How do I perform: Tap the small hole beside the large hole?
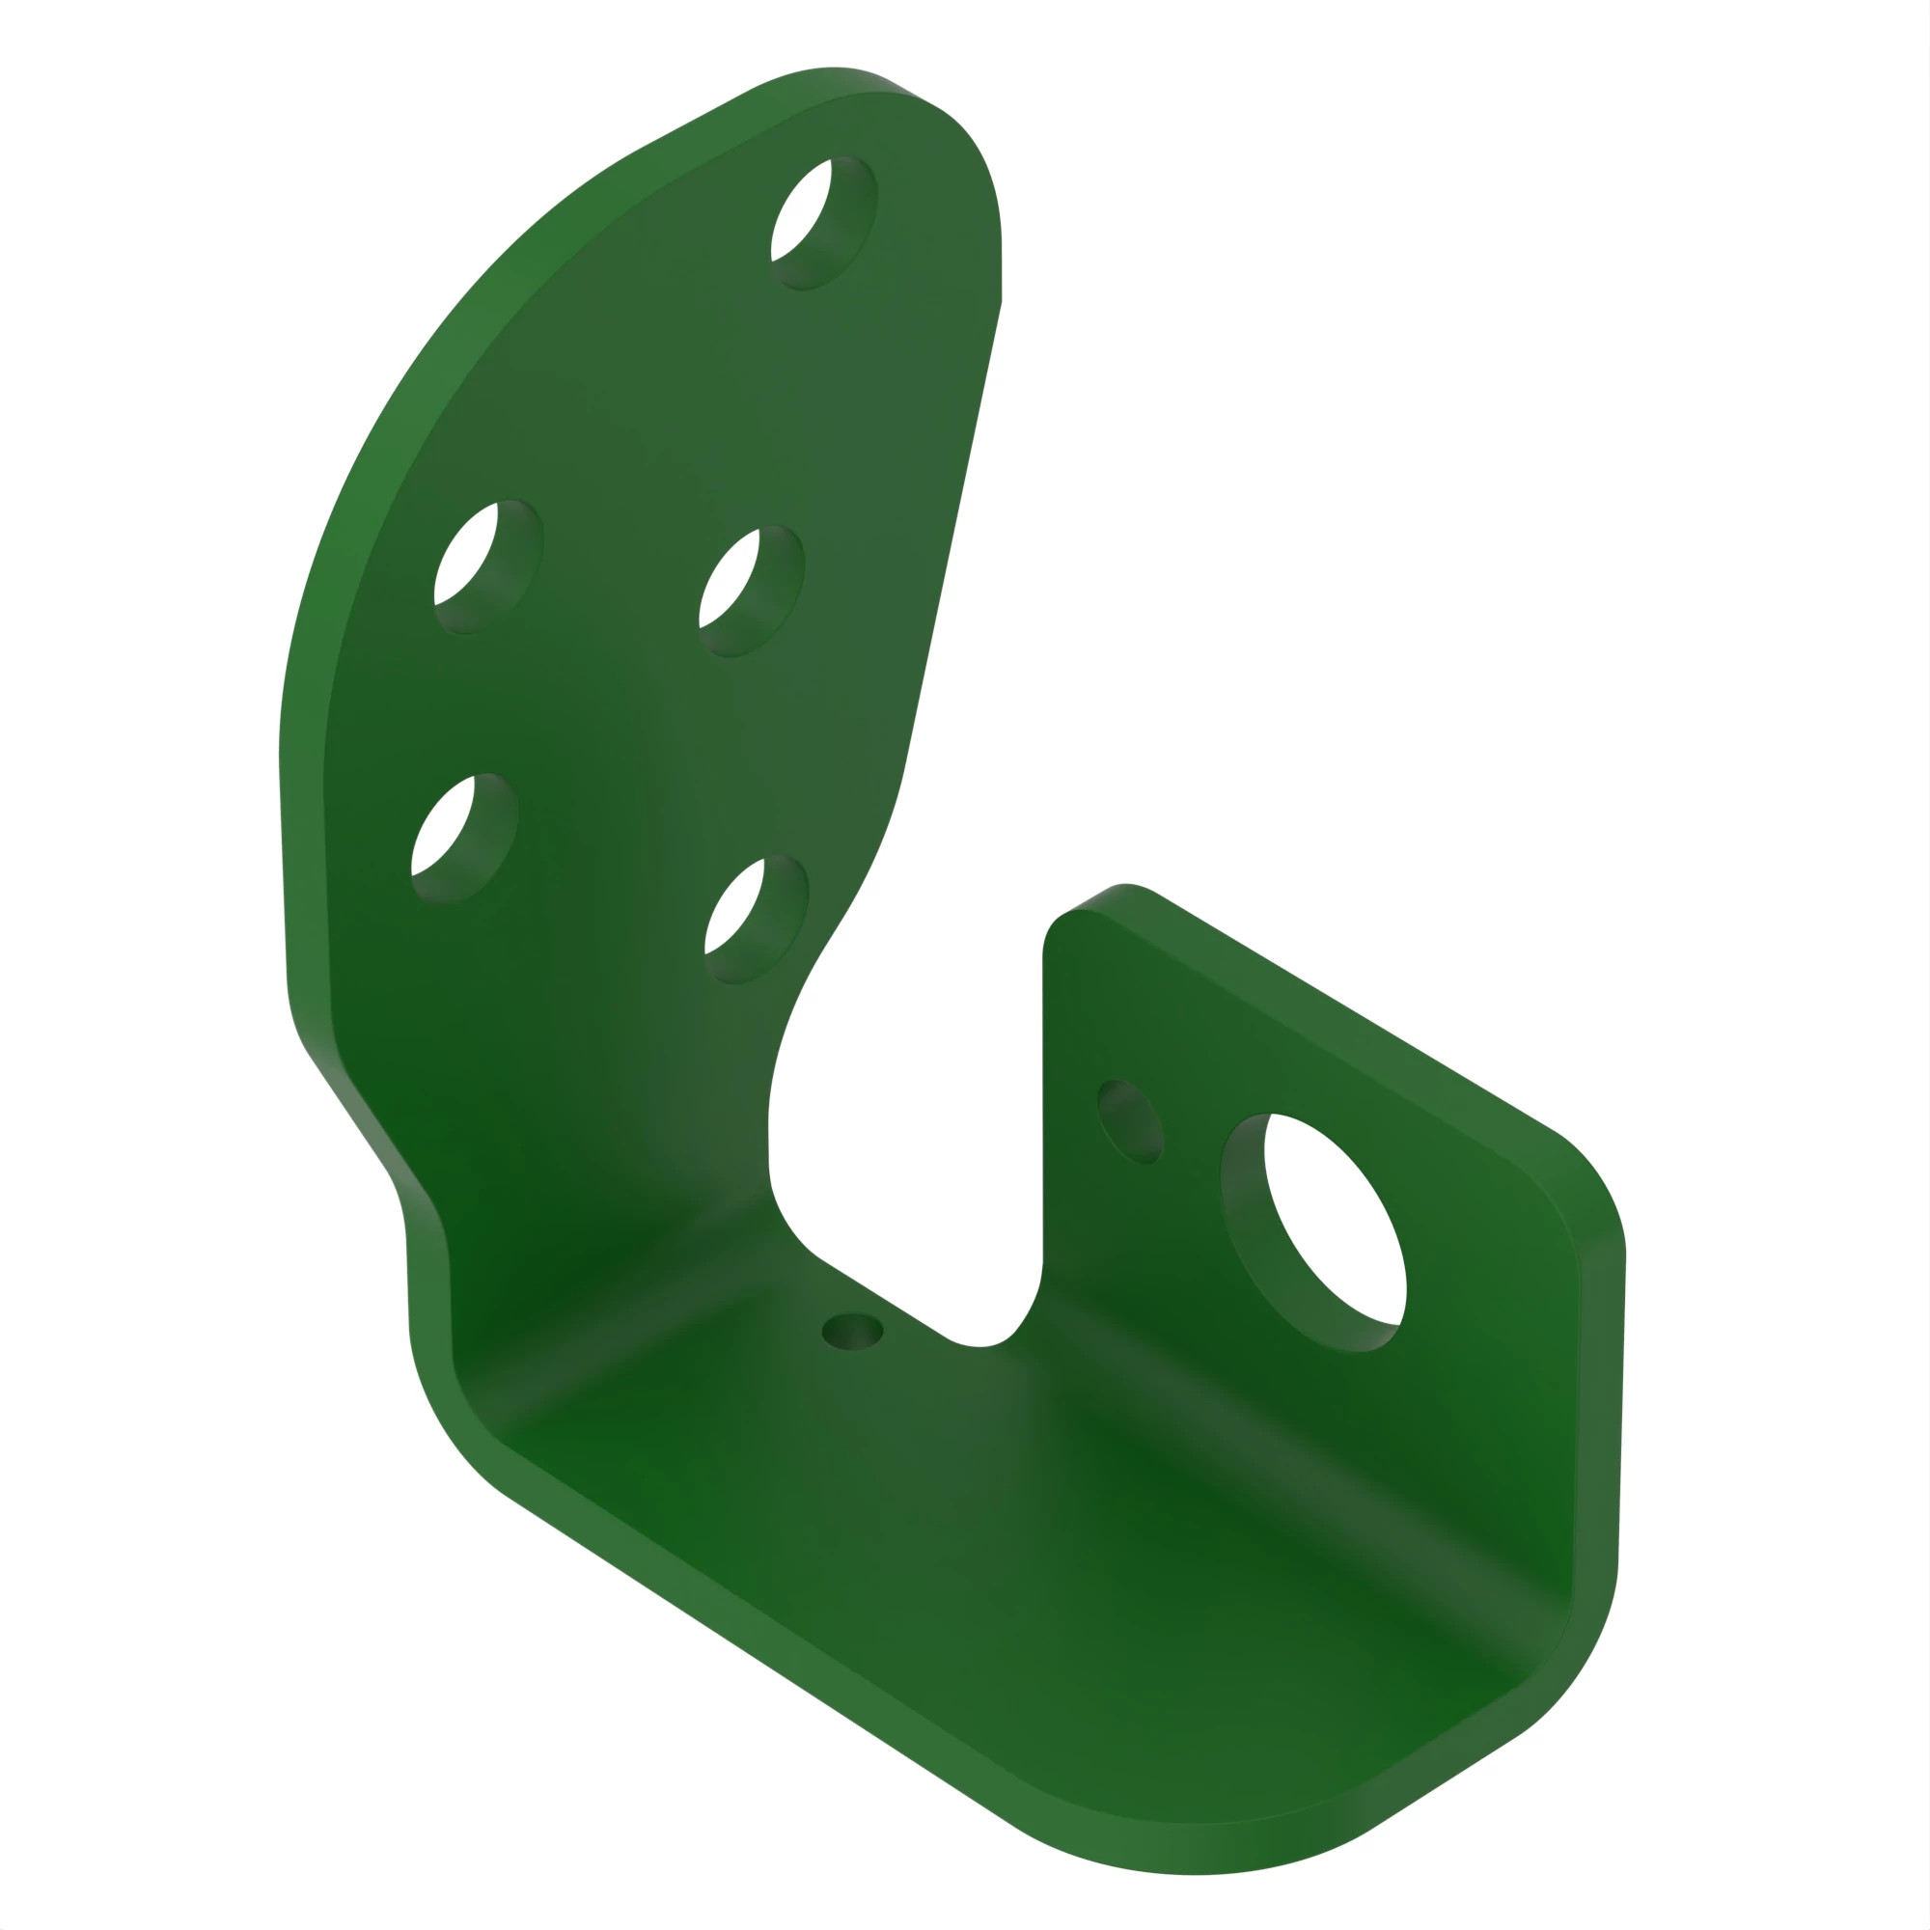pos(1130,1120)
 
